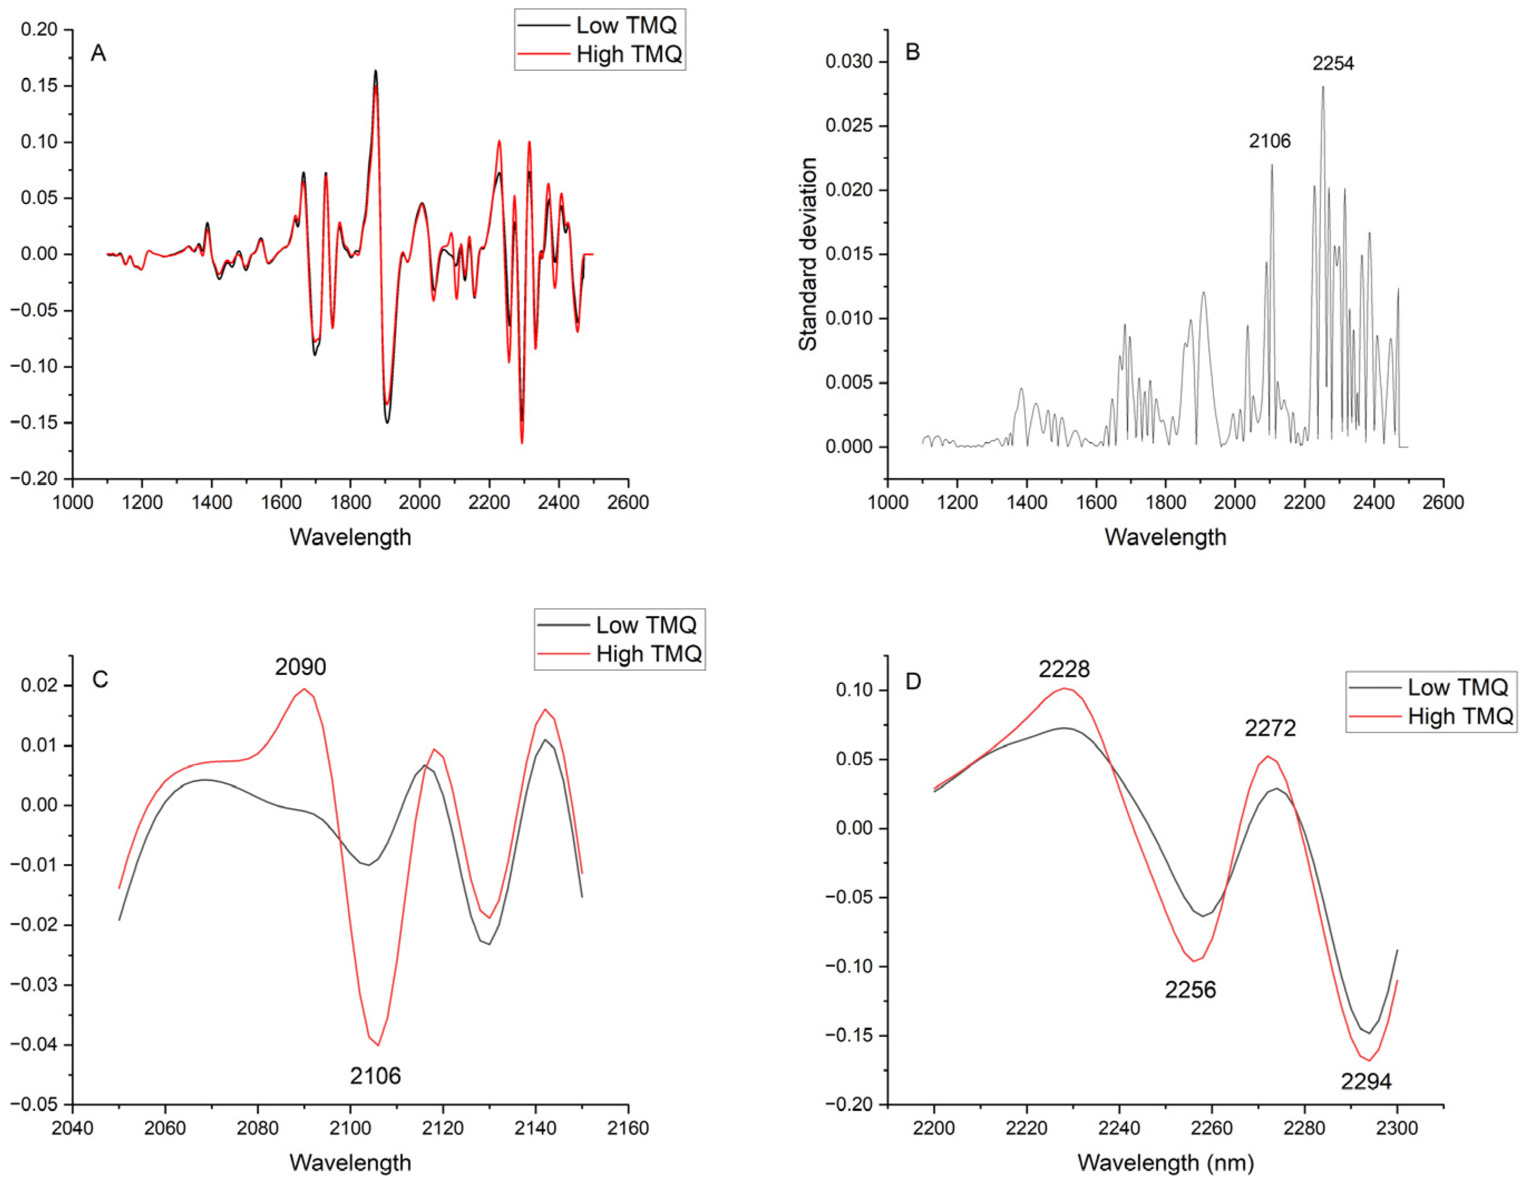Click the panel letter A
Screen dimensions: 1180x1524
pos(99,53)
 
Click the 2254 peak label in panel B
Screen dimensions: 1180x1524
pos(1333,64)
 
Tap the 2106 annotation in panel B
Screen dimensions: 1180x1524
pos(1269,141)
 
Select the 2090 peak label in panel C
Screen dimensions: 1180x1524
pos(300,667)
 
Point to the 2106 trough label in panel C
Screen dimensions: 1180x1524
pos(376,1076)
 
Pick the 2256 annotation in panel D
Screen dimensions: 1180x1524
pos(1190,989)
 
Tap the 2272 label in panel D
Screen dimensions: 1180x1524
pos(1270,728)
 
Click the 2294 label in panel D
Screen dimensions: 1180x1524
pos(1366,1081)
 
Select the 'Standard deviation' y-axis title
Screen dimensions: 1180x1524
pos(807,254)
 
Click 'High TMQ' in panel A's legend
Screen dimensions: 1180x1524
pos(629,55)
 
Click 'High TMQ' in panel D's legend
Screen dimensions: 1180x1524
pos(1460,716)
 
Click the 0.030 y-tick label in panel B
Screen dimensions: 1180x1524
pos(849,61)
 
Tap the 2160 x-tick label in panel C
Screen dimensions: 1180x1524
pos(628,1128)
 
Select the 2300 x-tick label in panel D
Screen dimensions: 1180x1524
pos(1396,1128)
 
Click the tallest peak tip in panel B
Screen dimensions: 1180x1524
pos(1322,87)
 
